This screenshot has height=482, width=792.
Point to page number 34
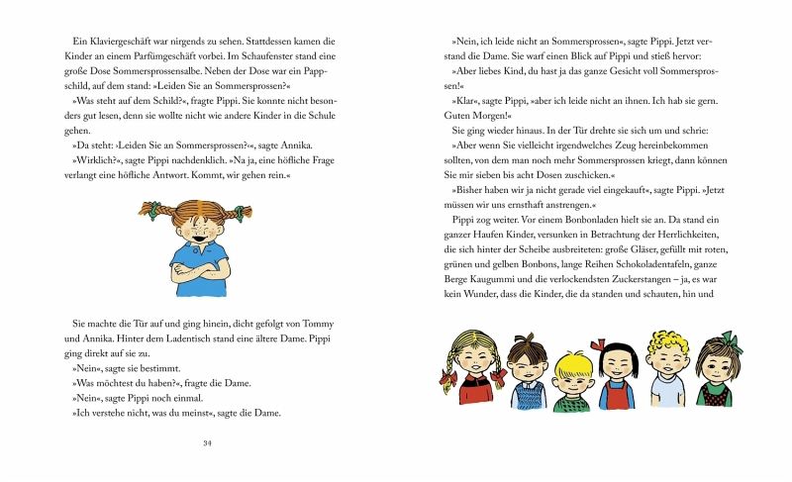(x=207, y=441)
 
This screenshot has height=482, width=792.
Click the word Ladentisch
(x=190, y=340)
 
